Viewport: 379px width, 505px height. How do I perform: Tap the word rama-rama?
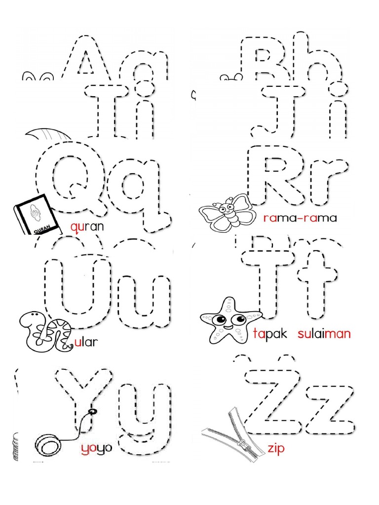(x=300, y=218)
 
